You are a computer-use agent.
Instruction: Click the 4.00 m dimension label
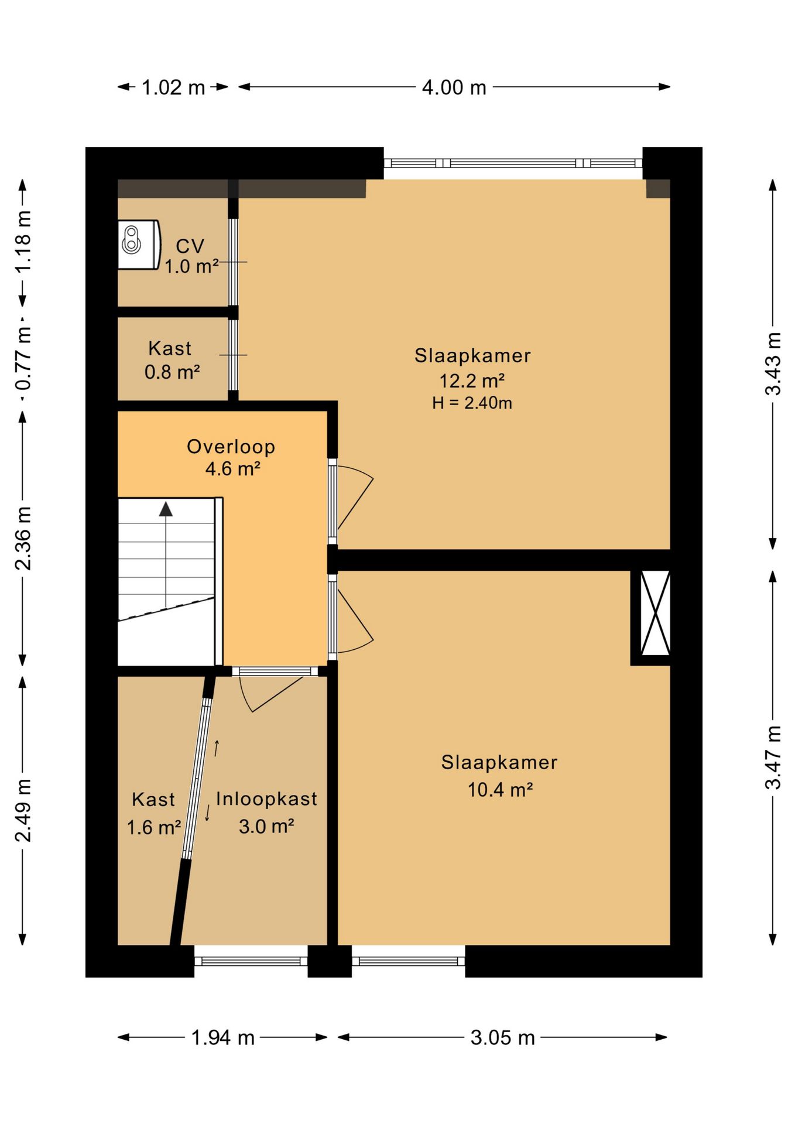coord(454,88)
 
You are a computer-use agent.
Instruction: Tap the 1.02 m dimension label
coord(173,88)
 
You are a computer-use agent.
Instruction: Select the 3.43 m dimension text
coord(773,364)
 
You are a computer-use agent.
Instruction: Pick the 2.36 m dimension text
coord(23,539)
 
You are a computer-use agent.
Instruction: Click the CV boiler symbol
coord(139,245)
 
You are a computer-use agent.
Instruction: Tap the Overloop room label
coord(231,447)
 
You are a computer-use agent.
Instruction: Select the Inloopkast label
coord(266,799)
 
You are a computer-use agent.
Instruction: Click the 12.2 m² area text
coord(472,381)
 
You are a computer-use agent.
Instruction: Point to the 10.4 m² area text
coord(500,790)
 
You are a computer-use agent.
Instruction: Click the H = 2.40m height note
coord(472,403)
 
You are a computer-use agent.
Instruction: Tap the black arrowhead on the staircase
coord(166,509)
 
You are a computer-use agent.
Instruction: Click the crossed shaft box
coord(655,613)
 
